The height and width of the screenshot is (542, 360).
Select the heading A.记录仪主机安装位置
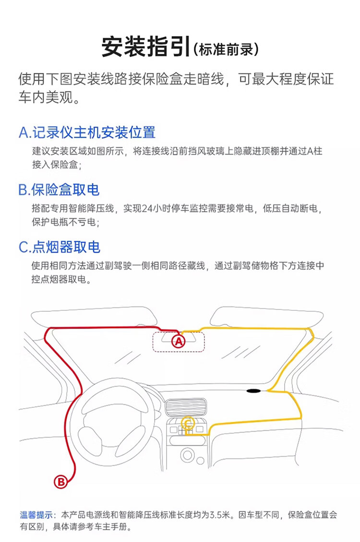[x=87, y=132]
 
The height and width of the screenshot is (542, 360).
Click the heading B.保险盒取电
[x=59, y=189]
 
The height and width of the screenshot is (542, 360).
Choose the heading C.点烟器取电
[x=59, y=247]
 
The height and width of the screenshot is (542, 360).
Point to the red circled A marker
[x=178, y=341]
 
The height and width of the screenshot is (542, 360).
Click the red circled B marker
[x=61, y=482]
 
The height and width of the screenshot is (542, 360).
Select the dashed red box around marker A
[x=178, y=341]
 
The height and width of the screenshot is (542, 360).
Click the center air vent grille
[x=186, y=408]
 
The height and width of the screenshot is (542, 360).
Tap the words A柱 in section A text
[x=314, y=151]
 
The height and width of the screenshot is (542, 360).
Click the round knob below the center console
[x=187, y=454]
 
